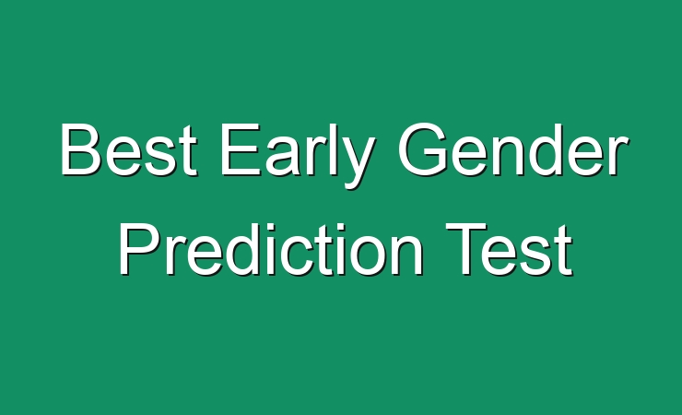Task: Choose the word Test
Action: coord(509,249)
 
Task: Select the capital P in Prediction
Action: coord(139,249)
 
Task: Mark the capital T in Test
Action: coord(465,249)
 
